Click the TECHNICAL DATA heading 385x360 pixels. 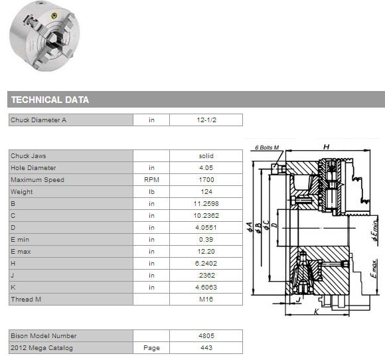coord(50,100)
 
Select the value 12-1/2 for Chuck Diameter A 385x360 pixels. coord(206,120)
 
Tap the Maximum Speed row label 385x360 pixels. coord(37,179)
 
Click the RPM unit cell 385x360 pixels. coord(151,179)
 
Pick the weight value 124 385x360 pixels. coord(206,192)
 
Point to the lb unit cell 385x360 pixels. coord(151,192)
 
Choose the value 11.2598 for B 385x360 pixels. coord(206,203)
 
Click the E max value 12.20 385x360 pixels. coord(206,251)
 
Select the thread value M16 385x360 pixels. coord(206,300)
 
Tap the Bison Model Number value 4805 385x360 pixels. coord(206,335)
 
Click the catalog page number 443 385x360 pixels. coord(206,348)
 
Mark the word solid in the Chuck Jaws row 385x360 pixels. coord(206,156)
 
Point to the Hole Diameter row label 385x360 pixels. coord(33,168)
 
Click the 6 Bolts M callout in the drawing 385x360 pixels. coord(267,147)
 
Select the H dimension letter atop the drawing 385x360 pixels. coord(327,147)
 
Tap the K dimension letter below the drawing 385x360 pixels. coord(317,312)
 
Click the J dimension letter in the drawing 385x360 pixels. coord(299,300)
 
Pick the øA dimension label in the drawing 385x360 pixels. coord(250,227)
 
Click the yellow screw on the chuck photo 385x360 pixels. coord(54,16)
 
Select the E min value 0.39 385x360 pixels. coord(206,239)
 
